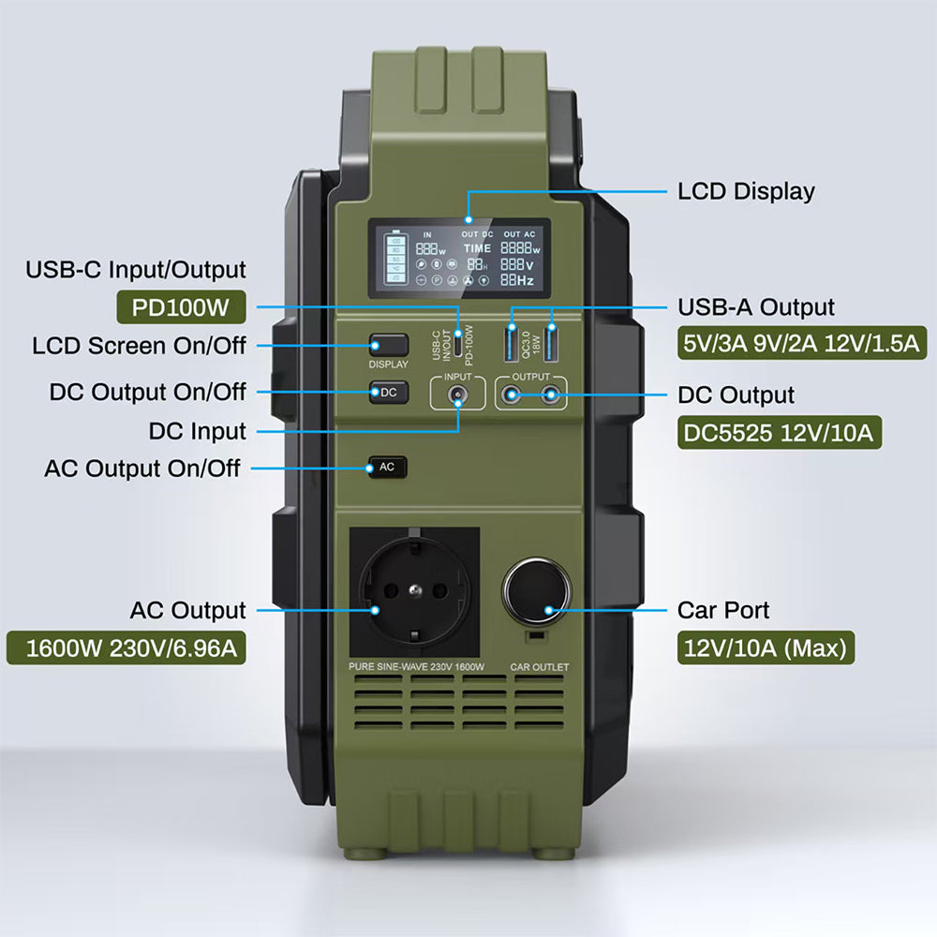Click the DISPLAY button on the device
click(388, 345)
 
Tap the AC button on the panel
click(388, 467)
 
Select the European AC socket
click(413, 591)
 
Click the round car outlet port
click(537, 592)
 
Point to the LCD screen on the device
click(459, 258)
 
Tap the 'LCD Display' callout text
click(746, 192)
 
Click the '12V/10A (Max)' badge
click(766, 647)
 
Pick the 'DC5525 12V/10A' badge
click(779, 432)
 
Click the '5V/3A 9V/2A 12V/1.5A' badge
click(801, 342)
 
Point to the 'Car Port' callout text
click(723, 610)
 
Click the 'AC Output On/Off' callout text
click(142, 468)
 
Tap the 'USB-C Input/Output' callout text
click(136, 270)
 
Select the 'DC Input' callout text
click(198, 431)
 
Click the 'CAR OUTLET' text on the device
click(539, 667)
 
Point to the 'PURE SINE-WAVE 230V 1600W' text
click(416, 667)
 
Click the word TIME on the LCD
click(477, 249)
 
